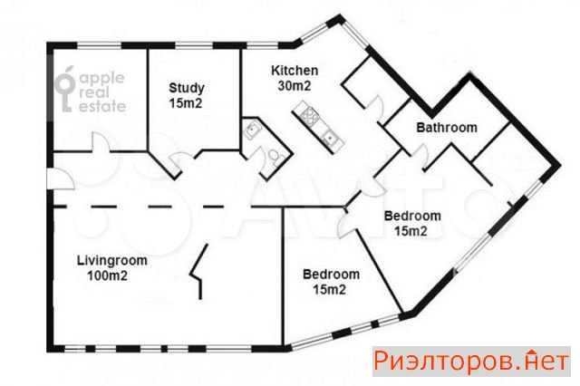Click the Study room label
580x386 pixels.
[187, 88]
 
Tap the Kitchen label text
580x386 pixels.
[295, 71]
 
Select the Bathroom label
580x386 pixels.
[447, 127]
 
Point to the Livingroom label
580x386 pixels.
[112, 261]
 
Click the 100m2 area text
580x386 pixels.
[107, 275]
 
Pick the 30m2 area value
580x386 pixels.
[295, 86]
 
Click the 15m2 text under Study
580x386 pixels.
[186, 103]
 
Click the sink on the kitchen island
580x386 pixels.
[329, 138]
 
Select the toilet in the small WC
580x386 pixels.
[275, 156]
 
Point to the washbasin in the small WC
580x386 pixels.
[253, 130]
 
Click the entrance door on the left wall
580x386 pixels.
[61, 179]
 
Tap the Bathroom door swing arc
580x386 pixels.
[422, 155]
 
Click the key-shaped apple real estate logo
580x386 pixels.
[65, 89]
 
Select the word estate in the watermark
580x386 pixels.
[102, 107]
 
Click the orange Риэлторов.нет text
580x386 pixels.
[471, 362]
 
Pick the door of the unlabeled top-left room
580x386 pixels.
[100, 142]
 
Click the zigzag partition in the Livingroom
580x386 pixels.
[198, 272]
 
